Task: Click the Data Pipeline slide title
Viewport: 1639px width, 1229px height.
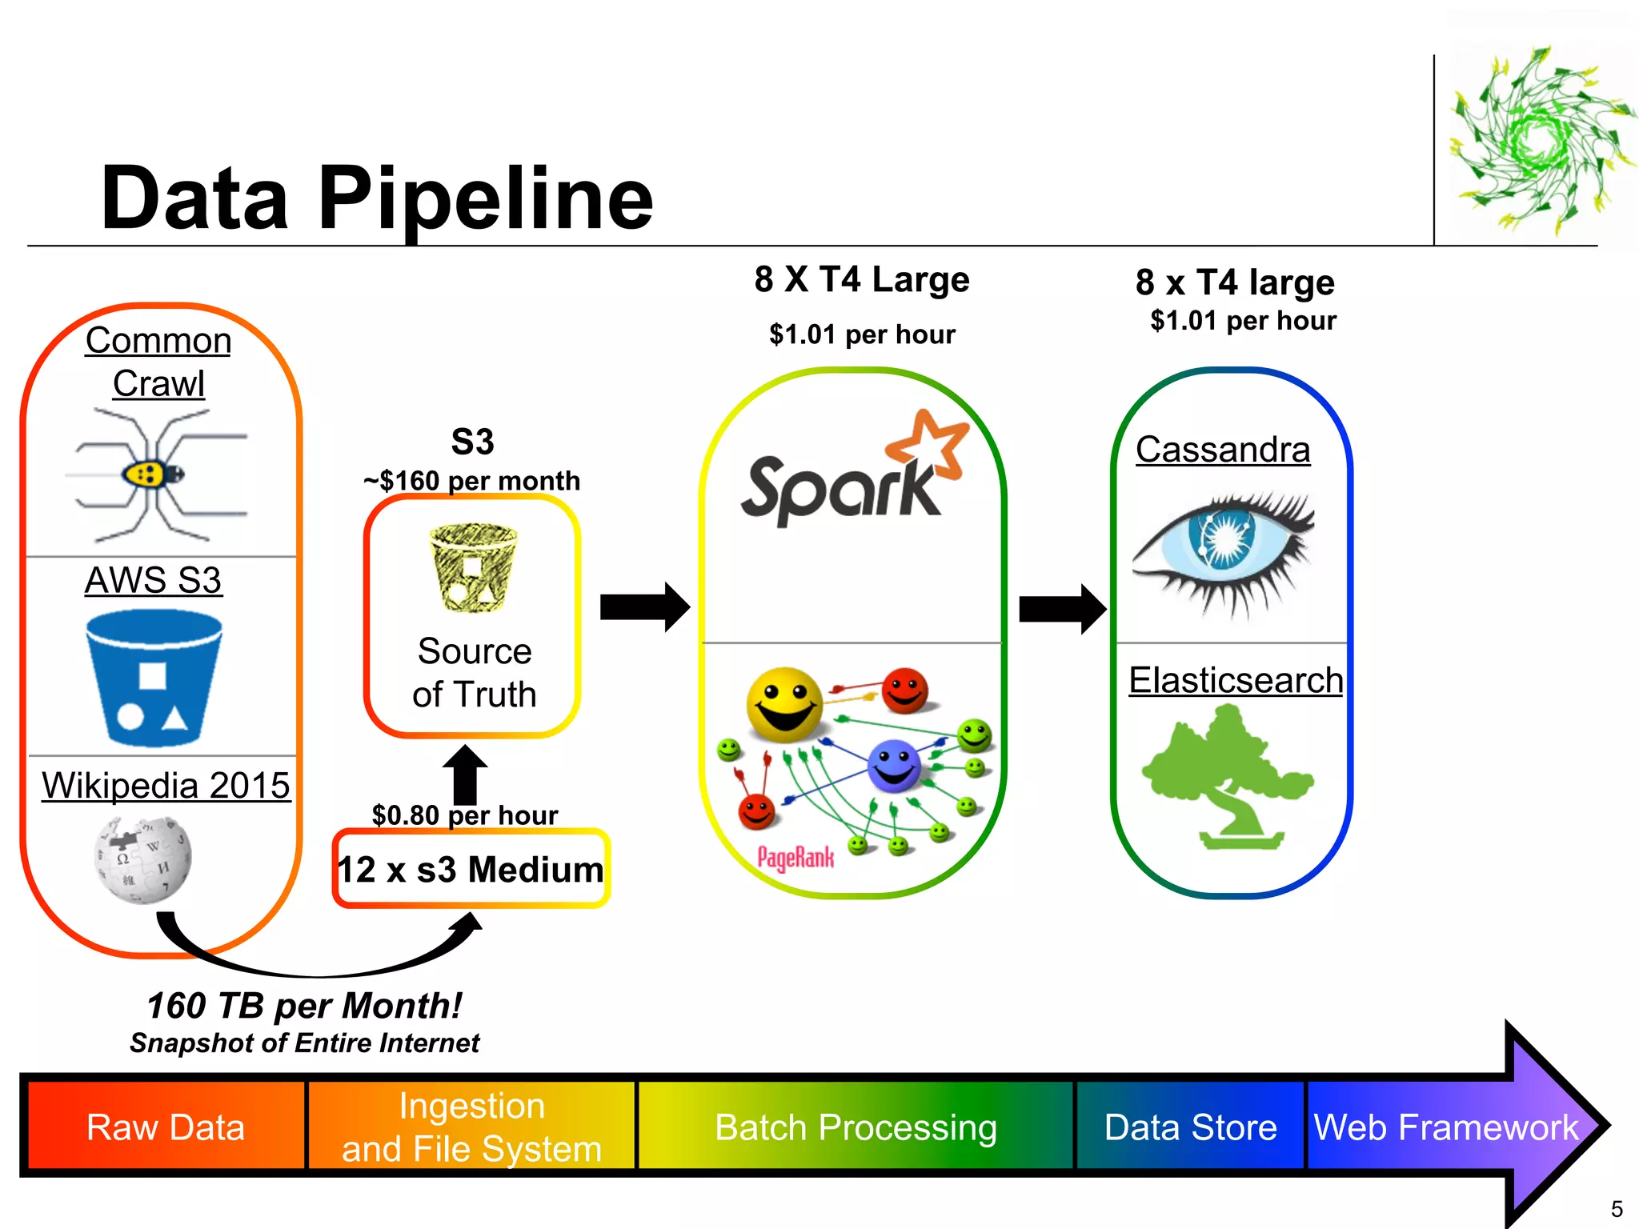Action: pyautogui.click(x=376, y=198)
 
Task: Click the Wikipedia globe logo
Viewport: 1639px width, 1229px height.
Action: pyautogui.click(x=142, y=860)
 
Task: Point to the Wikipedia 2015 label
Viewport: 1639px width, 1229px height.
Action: pyautogui.click(x=166, y=785)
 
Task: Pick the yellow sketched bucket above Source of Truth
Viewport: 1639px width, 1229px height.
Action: pyautogui.click(x=473, y=567)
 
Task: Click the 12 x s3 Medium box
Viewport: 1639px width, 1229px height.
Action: pyautogui.click(x=471, y=869)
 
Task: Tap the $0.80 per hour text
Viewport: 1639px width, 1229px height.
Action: pyautogui.click(x=464, y=815)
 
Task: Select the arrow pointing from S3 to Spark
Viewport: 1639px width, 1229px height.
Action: pyautogui.click(x=644, y=607)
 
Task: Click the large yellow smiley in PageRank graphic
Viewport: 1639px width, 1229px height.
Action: pyautogui.click(x=784, y=704)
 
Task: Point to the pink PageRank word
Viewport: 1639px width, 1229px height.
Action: pyautogui.click(x=795, y=859)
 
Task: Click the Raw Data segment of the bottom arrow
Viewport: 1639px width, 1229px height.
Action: pyautogui.click(x=165, y=1127)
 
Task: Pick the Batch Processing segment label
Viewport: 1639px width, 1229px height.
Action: pyautogui.click(x=856, y=1127)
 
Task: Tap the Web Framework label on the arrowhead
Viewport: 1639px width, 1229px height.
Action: pyautogui.click(x=1445, y=1127)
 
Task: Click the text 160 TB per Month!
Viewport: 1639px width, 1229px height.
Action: pyautogui.click(x=304, y=1005)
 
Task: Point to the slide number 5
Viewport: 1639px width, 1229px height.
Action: pyautogui.click(x=1616, y=1208)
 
